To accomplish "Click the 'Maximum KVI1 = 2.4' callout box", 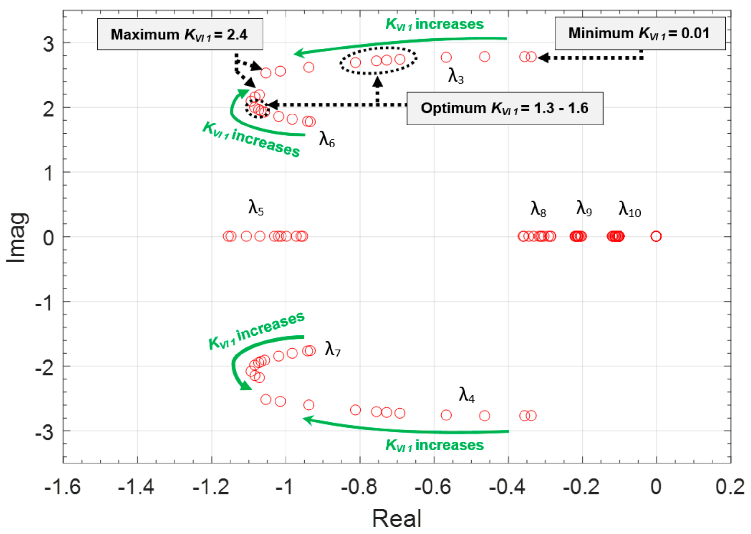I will tap(180, 34).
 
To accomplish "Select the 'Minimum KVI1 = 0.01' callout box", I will tap(640, 34).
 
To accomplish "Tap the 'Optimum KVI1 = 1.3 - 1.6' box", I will tap(505, 108).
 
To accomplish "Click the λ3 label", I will tap(456, 76).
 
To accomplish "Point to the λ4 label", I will tap(467, 395).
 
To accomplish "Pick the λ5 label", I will tap(256, 208).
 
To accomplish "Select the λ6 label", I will tap(327, 139).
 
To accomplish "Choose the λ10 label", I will tap(629, 209).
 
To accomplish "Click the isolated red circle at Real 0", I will tap(656, 236).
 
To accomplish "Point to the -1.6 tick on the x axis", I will tap(62, 487).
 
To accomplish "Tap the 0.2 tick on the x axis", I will tap(730, 487).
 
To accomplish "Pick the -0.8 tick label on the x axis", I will tap(359, 487).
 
